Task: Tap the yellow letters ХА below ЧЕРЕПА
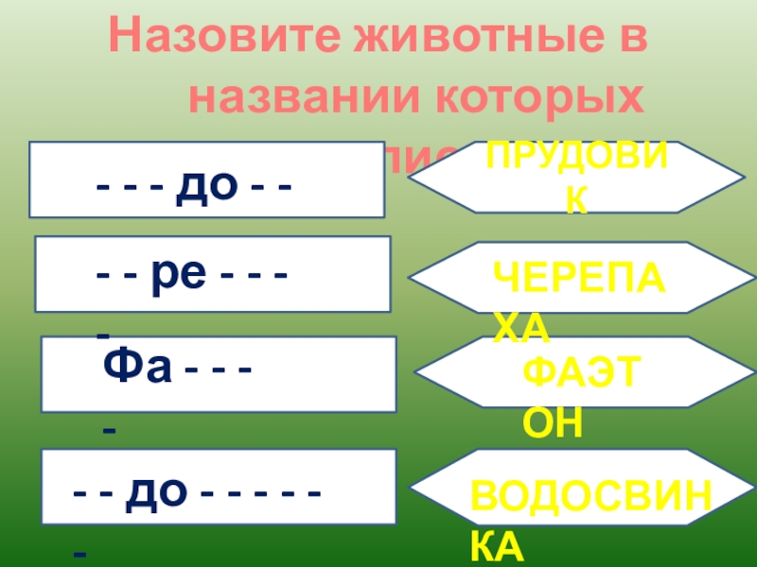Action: (x=520, y=327)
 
